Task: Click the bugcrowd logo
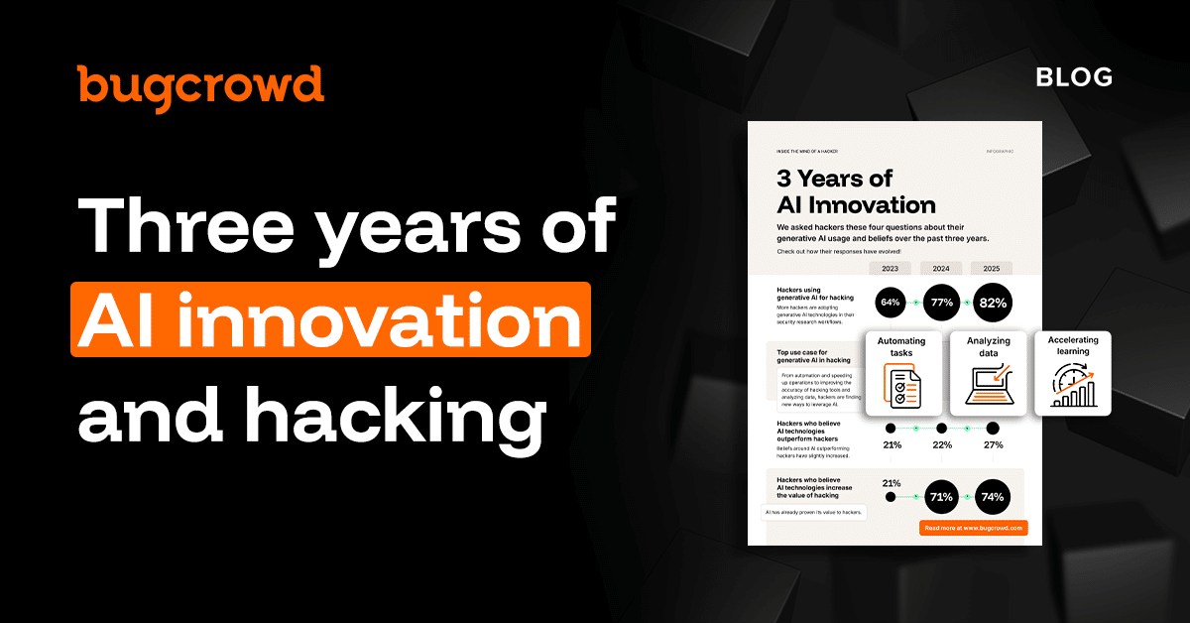(200, 86)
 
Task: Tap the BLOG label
(1074, 77)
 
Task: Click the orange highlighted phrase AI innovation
(330, 319)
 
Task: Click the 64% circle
(891, 302)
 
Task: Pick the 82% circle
(992, 302)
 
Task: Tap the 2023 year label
(891, 269)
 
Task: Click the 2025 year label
(992, 269)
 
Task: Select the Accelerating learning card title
(1072, 345)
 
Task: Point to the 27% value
(993, 444)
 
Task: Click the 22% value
(941, 444)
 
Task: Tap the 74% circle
(992, 496)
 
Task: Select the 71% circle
(941, 496)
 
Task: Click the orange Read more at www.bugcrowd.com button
(973, 529)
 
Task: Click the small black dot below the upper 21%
(891, 496)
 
